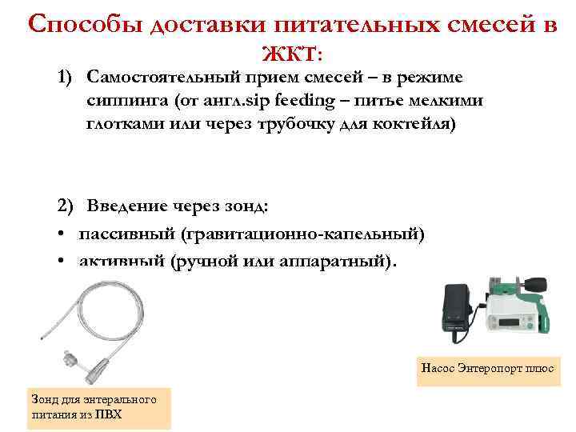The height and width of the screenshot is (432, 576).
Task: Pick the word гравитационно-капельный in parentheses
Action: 303,234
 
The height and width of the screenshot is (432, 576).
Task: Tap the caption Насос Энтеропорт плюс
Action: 488,368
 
